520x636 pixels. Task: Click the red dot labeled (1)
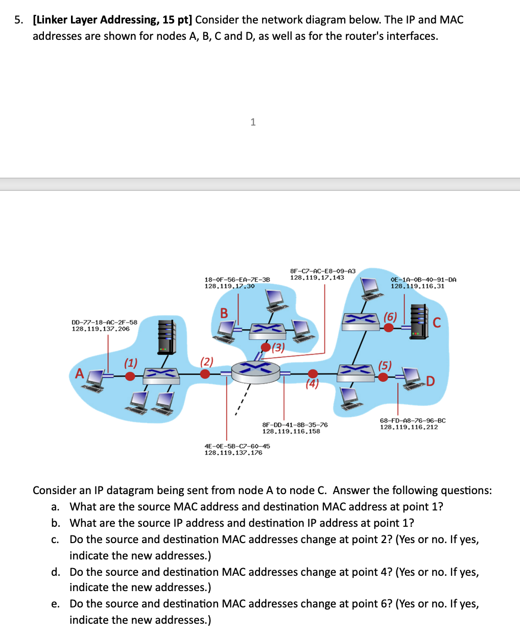(130, 376)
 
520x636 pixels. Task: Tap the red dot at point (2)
(205, 374)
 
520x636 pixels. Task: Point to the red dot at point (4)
(313, 374)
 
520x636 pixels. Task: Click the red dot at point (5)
(383, 377)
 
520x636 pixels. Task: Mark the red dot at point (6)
(389, 327)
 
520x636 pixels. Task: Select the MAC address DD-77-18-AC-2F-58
(104, 322)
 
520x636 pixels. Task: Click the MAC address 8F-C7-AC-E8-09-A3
(322, 271)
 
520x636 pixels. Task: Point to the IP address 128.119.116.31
(417, 286)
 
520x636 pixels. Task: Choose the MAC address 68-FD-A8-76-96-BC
(412, 421)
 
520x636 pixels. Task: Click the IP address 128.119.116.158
(291, 431)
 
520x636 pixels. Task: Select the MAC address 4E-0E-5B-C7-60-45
(237, 446)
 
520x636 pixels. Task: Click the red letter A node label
(79, 374)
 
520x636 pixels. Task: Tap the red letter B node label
(224, 313)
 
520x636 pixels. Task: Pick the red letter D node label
(430, 381)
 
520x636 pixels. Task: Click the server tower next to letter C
(418, 321)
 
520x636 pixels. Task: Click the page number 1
(253, 122)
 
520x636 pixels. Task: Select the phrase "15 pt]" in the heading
(178, 20)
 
